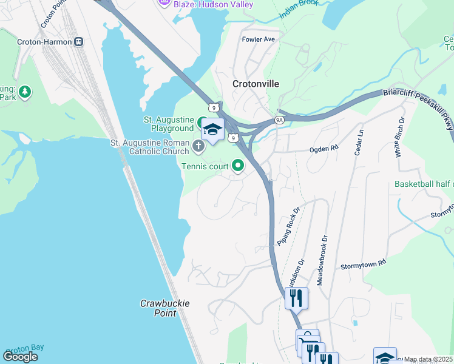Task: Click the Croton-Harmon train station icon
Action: (78, 42)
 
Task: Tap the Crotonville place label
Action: (256, 84)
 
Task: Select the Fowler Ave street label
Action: (259, 39)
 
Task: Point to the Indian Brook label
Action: (299, 15)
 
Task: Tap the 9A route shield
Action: (279, 120)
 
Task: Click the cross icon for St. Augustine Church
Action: (198, 146)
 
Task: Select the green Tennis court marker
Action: (238, 165)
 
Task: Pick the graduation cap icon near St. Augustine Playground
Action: (212, 129)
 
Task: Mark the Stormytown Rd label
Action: (363, 265)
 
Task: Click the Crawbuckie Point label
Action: (158, 308)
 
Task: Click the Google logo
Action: (20, 356)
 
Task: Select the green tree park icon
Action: (25, 92)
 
